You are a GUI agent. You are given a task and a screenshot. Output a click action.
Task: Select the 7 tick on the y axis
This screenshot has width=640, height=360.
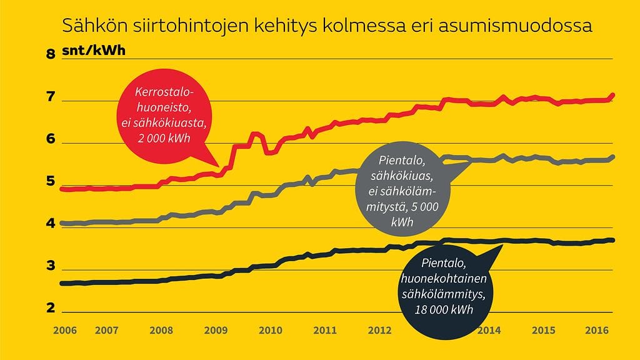(x=51, y=97)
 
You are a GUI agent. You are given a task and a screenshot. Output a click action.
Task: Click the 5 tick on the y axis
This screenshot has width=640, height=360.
(x=51, y=182)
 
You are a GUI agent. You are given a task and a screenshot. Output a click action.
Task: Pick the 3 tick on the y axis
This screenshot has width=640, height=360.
(x=51, y=267)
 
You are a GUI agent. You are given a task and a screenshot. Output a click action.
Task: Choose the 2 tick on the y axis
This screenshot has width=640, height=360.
(x=51, y=309)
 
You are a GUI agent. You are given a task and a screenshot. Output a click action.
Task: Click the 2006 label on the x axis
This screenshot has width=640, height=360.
(x=65, y=329)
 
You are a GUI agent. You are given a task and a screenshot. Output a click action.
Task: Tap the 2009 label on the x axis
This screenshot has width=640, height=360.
(x=216, y=329)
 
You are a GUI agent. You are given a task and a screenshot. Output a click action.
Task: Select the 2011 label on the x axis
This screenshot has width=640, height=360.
(x=325, y=329)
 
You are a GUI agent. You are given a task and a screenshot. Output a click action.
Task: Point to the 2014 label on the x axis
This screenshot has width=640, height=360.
(x=489, y=329)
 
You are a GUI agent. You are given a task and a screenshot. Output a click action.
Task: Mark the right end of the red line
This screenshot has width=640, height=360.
(x=612, y=95)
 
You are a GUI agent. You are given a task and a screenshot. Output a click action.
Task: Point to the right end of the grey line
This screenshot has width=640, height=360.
(x=612, y=157)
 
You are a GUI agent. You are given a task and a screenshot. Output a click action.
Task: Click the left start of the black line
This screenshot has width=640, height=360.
(x=61, y=283)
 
